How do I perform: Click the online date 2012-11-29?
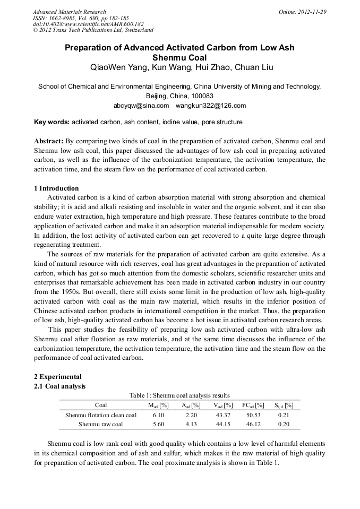pyautogui.click(x=310, y=12)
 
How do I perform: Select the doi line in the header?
pyautogui.click(x=88, y=24)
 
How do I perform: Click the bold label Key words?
pyautogui.click(x=52, y=122)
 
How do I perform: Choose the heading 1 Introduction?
pyautogui.click(x=56, y=188)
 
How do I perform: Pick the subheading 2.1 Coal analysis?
pyautogui.click(x=59, y=386)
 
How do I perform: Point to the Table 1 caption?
pyautogui.click(x=179, y=395)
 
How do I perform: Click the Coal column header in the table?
pyautogui.click(x=101, y=405)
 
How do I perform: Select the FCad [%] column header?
pyautogui.click(x=253, y=405)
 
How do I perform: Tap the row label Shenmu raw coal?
pyautogui.click(x=101, y=424)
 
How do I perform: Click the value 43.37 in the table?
pyautogui.click(x=221, y=415)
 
